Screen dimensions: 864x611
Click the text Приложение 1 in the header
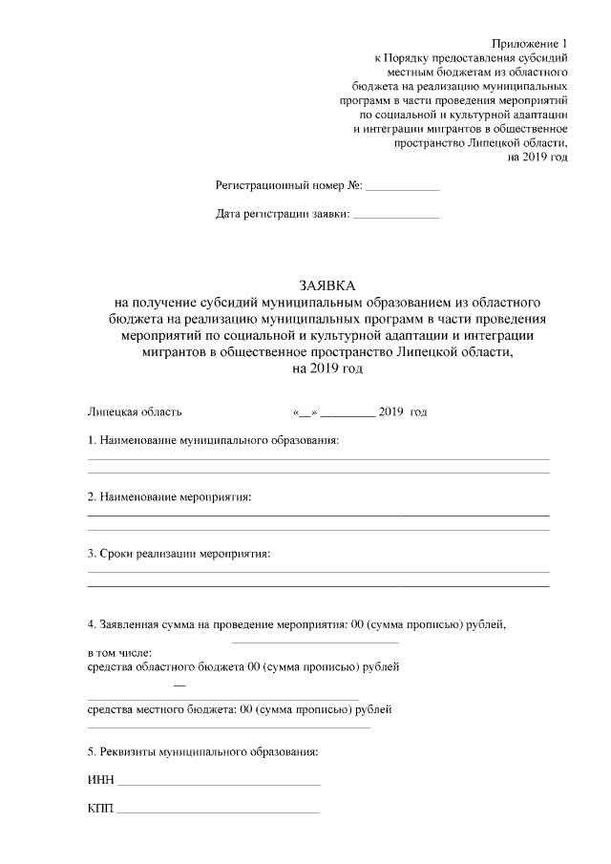pyautogui.click(x=530, y=44)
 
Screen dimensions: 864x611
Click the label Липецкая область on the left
pyautogui.click(x=135, y=412)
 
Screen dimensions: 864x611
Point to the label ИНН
pyautogui.click(x=100, y=780)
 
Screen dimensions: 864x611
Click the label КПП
pyautogui.click(x=100, y=809)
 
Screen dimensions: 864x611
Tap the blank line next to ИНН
pyautogui.click(x=219, y=783)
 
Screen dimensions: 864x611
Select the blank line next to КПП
pyautogui.click(x=218, y=811)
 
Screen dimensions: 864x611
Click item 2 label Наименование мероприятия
pyautogui.click(x=169, y=497)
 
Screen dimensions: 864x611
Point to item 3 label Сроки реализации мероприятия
pyautogui.click(x=179, y=554)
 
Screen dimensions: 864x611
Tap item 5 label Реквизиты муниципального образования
pyautogui.click(x=202, y=751)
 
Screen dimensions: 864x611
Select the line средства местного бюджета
pyautogui.click(x=240, y=709)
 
